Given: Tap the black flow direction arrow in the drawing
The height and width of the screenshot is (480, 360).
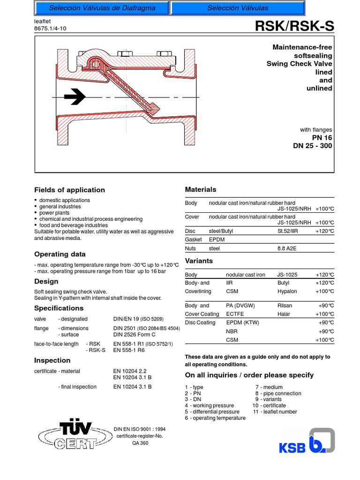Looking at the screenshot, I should pyautogui.click(x=75, y=97).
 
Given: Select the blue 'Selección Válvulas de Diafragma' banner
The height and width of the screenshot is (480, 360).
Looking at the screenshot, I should pyautogui.click(x=102, y=8).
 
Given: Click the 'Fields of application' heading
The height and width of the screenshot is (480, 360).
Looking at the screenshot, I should pyautogui.click(x=69, y=190).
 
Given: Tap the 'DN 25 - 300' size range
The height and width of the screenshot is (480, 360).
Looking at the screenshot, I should pyautogui.click(x=312, y=146).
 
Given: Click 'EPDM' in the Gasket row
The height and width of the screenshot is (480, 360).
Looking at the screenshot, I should pyautogui.click(x=217, y=240).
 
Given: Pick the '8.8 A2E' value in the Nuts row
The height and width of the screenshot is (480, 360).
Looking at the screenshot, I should pyautogui.click(x=288, y=248).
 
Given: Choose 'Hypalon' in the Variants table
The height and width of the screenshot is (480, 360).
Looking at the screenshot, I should pyautogui.click(x=287, y=291).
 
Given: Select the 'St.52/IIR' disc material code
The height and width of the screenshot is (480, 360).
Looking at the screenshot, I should pyautogui.click(x=290, y=231).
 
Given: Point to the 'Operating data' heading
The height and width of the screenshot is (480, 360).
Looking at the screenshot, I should pyautogui.click(x=60, y=254).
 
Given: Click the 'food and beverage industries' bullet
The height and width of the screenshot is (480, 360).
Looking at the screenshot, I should pyautogui.click(x=73, y=225).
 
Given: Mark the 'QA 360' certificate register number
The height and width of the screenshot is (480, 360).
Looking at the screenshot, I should pyautogui.click(x=140, y=442).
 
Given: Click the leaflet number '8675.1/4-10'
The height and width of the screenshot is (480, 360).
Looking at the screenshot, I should pyautogui.click(x=51, y=28).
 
